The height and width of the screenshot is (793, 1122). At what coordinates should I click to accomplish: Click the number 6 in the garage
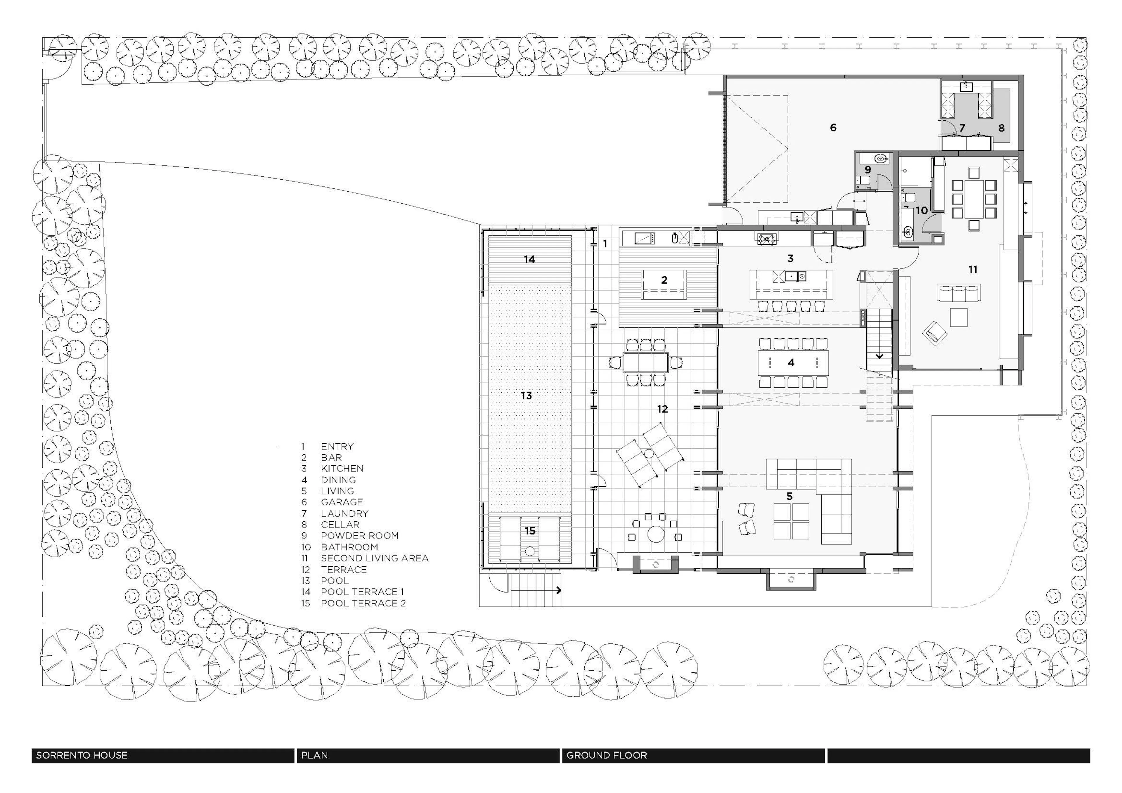click(833, 128)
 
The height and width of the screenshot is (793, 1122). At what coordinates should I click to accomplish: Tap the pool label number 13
click(526, 396)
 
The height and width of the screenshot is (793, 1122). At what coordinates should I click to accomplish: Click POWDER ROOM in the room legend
click(360, 535)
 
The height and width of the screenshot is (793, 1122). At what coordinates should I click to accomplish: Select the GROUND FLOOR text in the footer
click(607, 755)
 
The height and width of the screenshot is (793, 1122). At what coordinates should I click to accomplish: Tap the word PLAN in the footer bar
click(314, 755)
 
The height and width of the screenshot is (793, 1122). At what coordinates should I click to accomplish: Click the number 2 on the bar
click(664, 280)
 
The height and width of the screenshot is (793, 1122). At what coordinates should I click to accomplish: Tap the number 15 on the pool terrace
click(530, 531)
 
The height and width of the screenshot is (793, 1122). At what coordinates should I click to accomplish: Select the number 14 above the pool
click(529, 259)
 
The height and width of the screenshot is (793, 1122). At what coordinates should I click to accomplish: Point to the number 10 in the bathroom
click(922, 211)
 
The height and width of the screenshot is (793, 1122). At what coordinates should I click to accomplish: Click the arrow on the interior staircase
click(879, 356)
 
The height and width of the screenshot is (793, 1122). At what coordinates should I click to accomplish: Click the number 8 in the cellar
click(1001, 128)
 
